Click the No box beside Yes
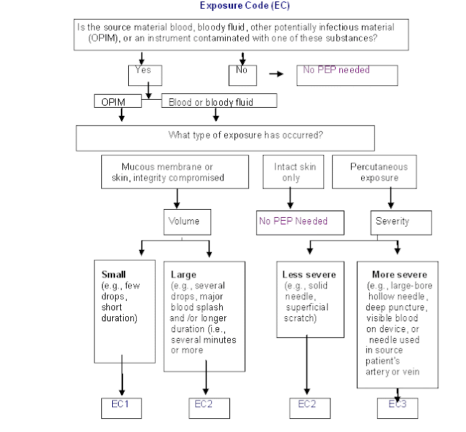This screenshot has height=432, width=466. coord(242,74)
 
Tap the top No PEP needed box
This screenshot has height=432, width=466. coord(347,74)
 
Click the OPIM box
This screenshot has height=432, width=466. coord(118,101)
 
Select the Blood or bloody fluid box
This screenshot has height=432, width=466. coord(218,101)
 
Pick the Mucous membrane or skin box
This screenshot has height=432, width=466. coord(173,172)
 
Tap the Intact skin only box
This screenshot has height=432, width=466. coord(291,172)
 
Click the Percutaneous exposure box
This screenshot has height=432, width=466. coord(379,172)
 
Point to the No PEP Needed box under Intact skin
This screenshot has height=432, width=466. coord(299,221)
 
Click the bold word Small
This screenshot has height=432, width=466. coord(113,275)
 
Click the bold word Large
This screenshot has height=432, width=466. coord(183,275)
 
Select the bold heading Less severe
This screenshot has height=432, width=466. coord(309,275)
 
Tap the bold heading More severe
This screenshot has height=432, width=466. coord(398,275)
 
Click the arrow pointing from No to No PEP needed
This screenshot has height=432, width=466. coord(277,74)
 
